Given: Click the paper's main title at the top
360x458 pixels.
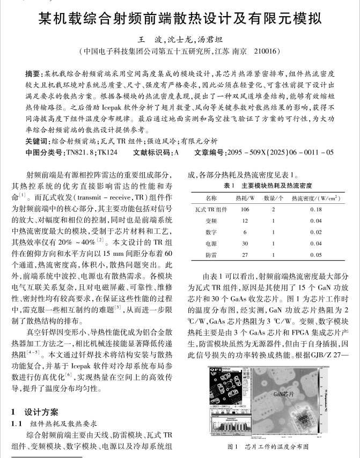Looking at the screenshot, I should [x=180, y=19].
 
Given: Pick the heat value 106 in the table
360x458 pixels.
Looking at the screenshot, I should [x=245, y=210].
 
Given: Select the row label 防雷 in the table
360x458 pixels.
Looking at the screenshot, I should [x=211, y=255].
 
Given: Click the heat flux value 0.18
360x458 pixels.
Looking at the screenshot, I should [x=317, y=210].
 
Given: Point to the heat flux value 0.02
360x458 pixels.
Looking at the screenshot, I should [x=317, y=232].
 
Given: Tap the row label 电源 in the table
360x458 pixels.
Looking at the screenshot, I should [x=211, y=243].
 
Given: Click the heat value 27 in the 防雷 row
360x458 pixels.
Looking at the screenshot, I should [x=245, y=255].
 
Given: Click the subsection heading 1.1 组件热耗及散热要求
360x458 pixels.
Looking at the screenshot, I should [x=53, y=423].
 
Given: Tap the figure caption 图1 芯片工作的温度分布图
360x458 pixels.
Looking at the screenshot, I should [x=268, y=446].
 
